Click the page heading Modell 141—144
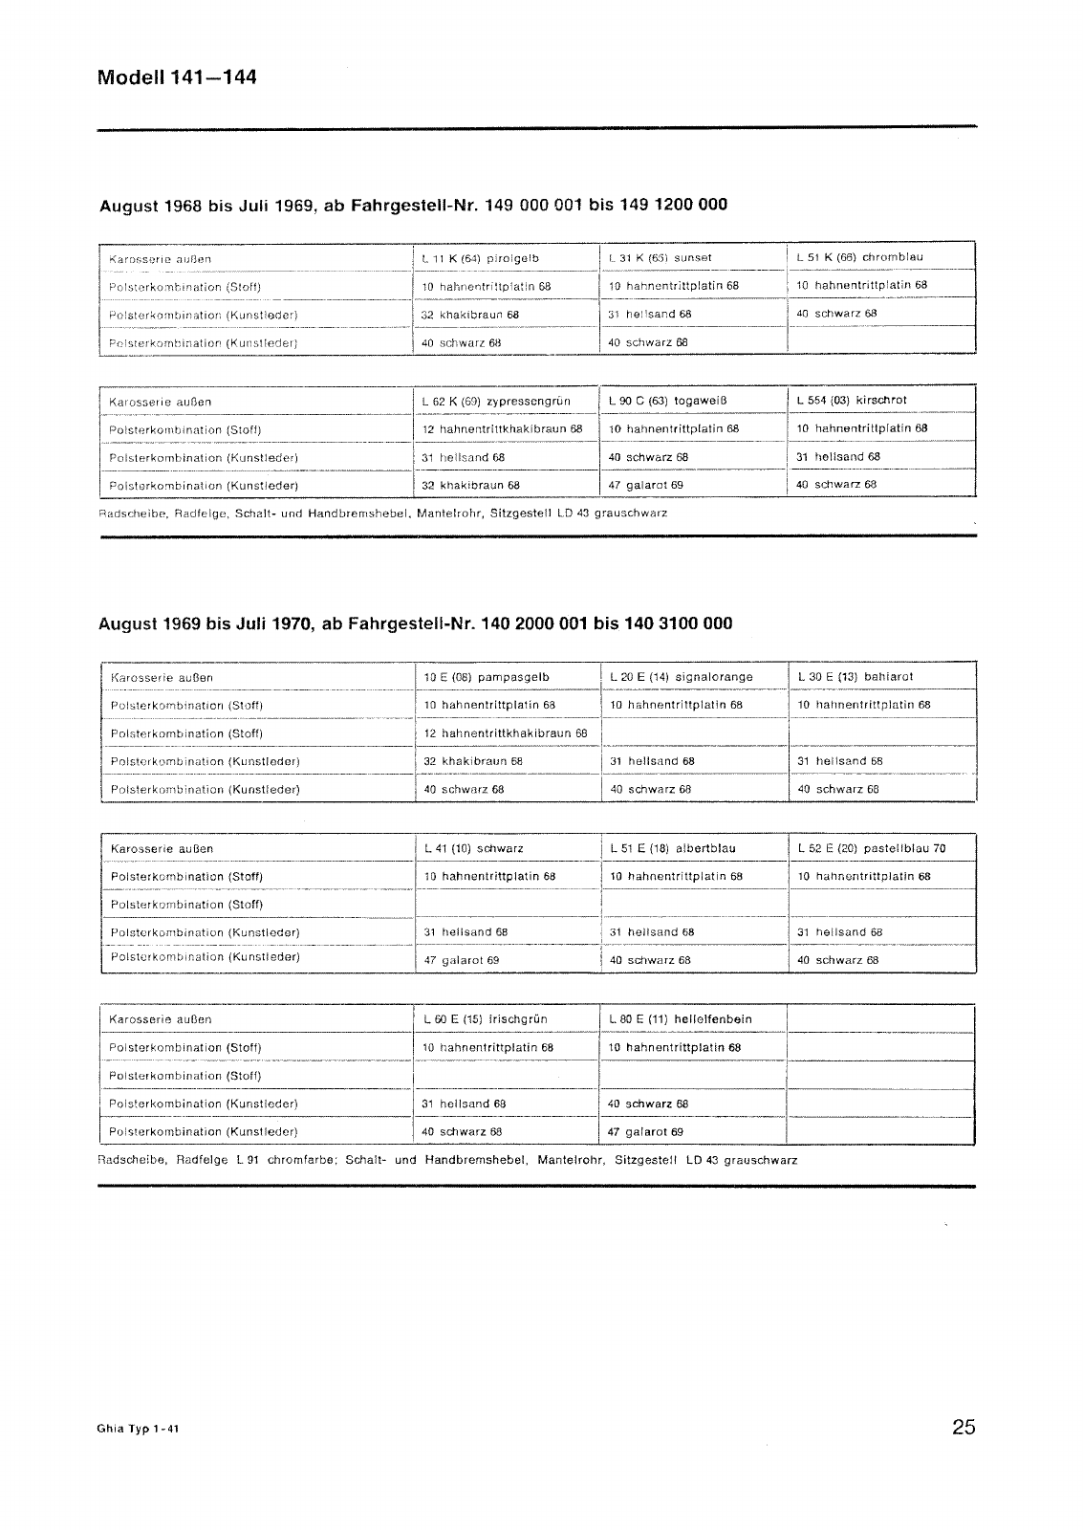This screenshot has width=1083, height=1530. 177,77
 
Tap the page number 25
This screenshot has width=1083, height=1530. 964,1428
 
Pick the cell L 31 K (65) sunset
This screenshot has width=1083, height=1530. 660,257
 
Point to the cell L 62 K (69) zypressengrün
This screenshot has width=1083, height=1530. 496,402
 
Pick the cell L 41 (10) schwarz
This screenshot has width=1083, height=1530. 473,848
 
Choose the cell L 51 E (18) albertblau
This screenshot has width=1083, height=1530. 673,848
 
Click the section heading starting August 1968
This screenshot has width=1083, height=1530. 413,205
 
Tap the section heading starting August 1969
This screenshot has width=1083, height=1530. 416,623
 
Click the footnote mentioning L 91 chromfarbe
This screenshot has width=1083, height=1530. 447,1160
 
